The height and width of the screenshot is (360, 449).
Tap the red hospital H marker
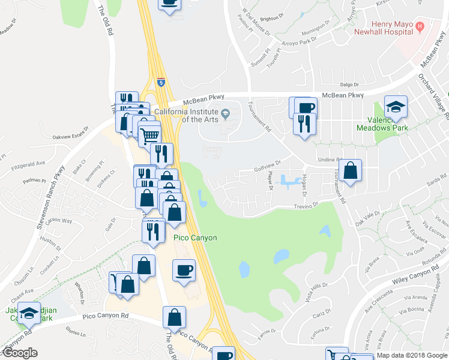(x=420, y=27)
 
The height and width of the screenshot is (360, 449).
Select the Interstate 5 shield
(x=161, y=81)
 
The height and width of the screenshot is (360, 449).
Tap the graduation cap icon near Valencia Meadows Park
(x=396, y=107)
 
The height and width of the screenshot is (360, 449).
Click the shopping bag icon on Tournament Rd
(x=350, y=170)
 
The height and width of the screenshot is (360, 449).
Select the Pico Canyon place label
(x=195, y=238)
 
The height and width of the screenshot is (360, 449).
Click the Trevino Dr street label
(x=306, y=206)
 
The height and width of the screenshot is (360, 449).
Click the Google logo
(x=20, y=353)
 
